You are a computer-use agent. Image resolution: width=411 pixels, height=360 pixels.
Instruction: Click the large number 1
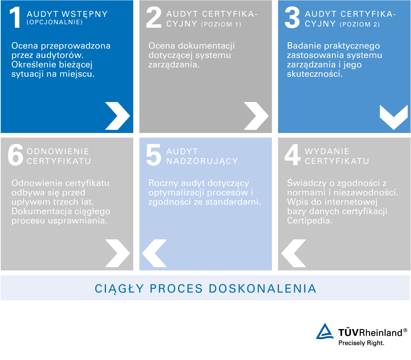(x=15, y=18)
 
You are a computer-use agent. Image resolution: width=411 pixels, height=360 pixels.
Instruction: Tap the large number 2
(x=154, y=18)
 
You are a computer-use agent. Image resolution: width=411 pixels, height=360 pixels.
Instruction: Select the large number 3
(x=292, y=18)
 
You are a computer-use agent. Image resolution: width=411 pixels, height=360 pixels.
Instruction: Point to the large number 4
(x=292, y=155)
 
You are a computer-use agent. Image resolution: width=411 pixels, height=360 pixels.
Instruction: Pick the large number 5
(x=154, y=155)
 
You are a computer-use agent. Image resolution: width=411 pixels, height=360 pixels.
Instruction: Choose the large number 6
(x=15, y=155)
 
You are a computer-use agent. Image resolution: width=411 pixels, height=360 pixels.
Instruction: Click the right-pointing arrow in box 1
(x=117, y=116)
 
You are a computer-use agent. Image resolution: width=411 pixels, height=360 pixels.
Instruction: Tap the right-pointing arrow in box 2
(x=256, y=116)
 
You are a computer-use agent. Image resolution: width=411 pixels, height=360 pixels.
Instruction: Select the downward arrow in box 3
(x=393, y=117)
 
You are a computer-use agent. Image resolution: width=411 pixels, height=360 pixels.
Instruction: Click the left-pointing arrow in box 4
(x=293, y=254)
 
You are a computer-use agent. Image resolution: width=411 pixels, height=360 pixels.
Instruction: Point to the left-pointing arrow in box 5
(x=155, y=254)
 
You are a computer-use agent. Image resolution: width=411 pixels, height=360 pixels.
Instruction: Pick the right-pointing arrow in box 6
(x=117, y=254)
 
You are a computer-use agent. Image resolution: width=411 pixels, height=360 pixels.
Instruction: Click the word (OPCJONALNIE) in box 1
(x=55, y=22)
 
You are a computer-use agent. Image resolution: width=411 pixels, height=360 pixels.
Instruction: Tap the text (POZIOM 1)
(x=221, y=25)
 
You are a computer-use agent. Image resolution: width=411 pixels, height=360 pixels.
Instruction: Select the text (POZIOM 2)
(x=360, y=25)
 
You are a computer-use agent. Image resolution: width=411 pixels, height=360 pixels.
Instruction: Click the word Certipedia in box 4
(x=309, y=221)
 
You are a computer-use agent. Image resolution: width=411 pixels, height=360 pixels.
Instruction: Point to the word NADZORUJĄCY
(x=202, y=161)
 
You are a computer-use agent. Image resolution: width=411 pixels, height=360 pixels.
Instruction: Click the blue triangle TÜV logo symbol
(x=325, y=332)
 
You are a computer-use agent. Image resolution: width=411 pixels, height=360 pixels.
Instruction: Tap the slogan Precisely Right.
(x=361, y=343)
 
